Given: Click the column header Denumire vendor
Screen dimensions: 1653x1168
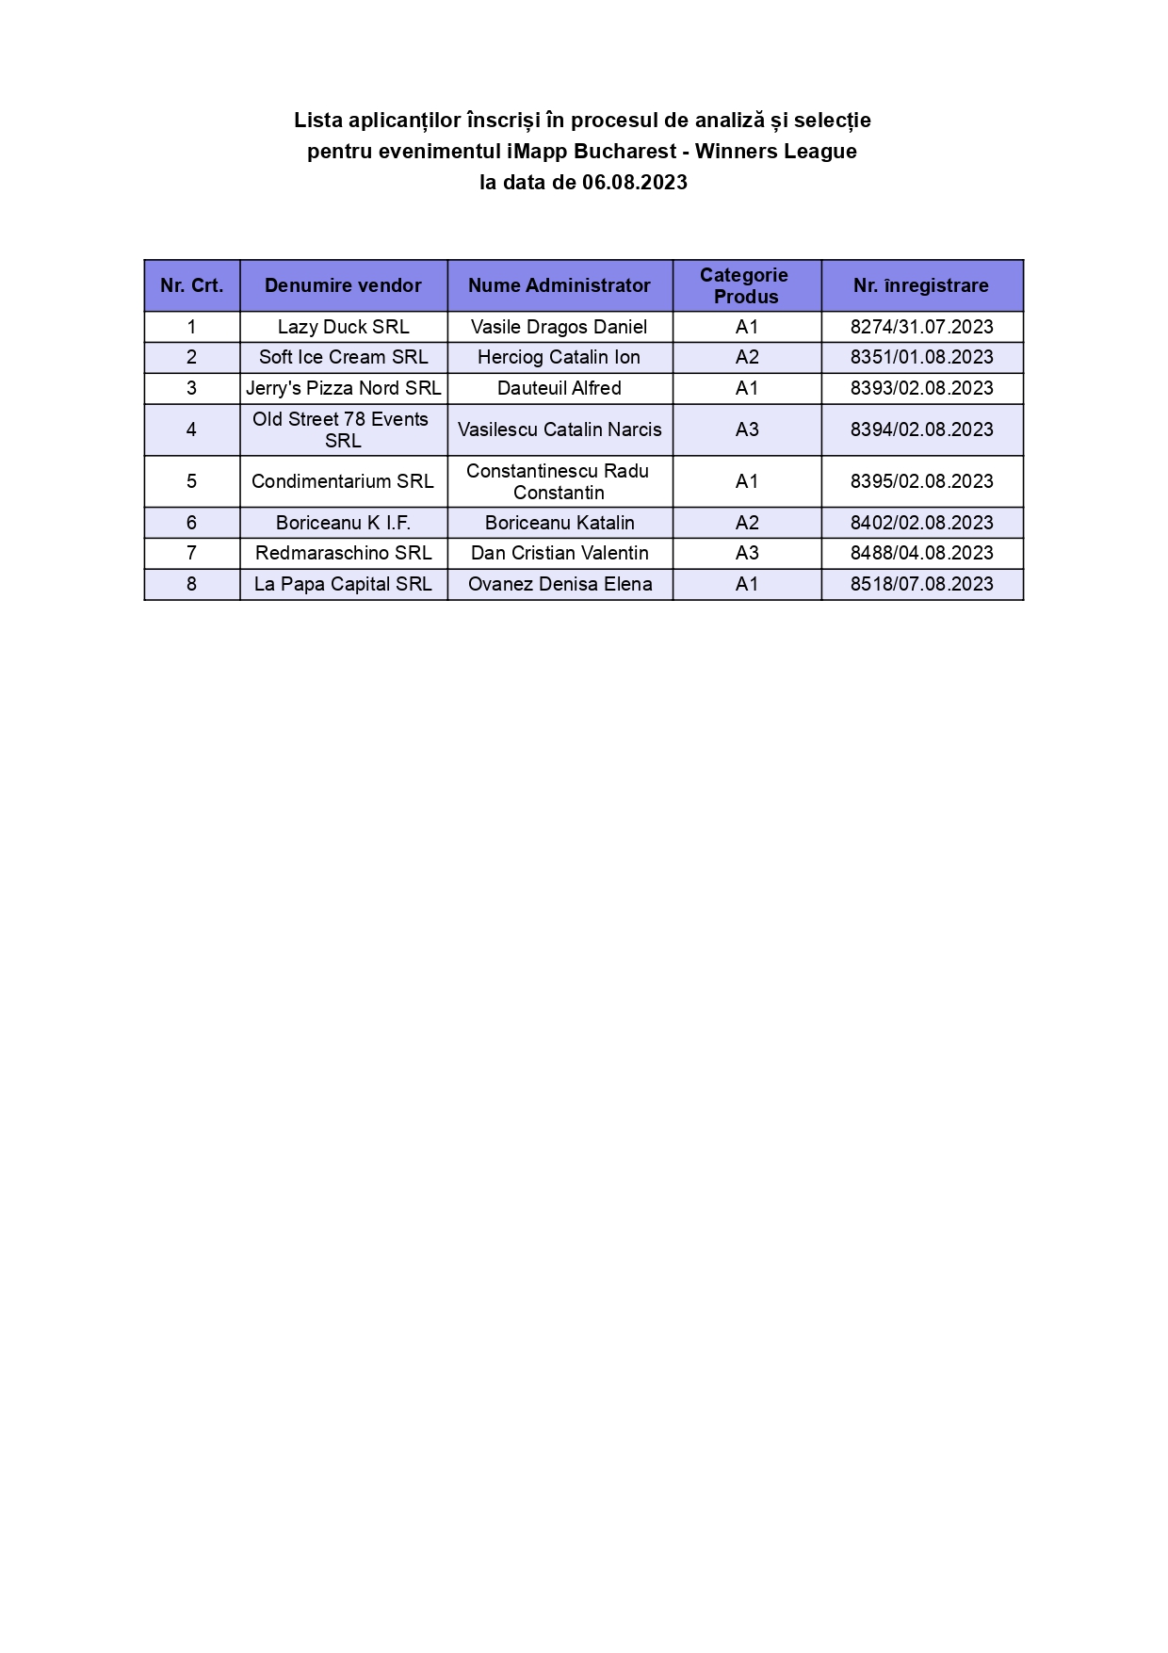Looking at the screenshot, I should point(343,285).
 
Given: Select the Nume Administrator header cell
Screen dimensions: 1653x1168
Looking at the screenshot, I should point(560,285).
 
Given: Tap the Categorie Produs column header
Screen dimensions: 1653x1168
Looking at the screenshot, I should point(746,285).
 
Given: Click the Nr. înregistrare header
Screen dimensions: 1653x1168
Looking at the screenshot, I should point(921,285).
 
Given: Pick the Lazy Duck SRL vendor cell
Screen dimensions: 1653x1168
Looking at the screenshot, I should point(343,327).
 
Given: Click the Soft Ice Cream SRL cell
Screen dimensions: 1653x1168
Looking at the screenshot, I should point(343,357).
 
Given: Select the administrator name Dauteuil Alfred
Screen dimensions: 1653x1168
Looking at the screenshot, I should point(560,388).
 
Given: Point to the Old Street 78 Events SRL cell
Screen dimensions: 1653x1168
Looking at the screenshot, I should point(342,429).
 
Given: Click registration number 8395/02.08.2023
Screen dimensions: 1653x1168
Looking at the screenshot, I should point(921,481).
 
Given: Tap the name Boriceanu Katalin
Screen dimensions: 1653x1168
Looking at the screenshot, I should point(560,523).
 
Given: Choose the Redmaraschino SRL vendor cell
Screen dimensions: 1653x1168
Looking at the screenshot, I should point(343,553).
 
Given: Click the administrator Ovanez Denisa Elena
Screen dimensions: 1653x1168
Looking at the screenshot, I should point(560,584).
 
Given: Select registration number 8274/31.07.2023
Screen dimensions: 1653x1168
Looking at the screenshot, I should point(921,327).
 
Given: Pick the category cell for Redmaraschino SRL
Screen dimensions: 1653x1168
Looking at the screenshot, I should point(747,553).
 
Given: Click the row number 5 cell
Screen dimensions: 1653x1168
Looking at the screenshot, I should point(191,481).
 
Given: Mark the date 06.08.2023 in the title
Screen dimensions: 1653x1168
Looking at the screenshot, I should point(634,183).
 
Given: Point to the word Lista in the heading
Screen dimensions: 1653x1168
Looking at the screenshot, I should point(318,121).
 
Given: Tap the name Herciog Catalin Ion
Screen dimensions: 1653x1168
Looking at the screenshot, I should point(559,357).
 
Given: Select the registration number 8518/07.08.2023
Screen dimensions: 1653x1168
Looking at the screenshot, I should point(921,584).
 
